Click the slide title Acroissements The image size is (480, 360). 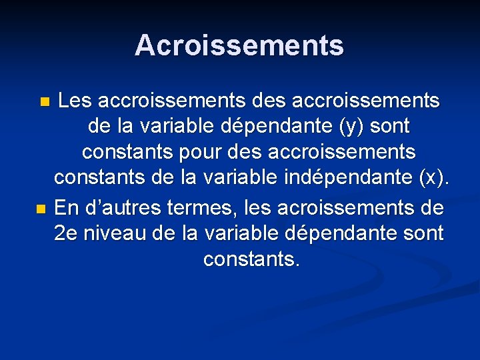pyautogui.click(x=239, y=45)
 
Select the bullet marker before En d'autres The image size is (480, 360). pyautogui.click(x=41, y=209)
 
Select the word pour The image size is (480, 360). pyautogui.click(x=201, y=153)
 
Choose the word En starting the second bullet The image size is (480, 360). pyautogui.click(x=64, y=208)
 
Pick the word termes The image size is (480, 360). pyautogui.click(x=198, y=208)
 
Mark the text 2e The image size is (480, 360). pyautogui.click(x=67, y=233)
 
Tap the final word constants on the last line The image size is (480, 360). pyautogui.click(x=251, y=259)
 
